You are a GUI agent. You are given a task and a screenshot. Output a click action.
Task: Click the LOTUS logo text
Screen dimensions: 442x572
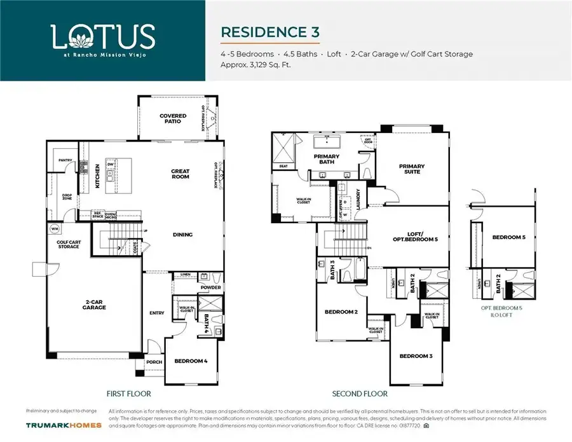pyautogui.click(x=102, y=36)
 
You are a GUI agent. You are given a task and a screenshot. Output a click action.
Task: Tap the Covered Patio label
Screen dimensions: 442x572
pyautogui.click(x=173, y=119)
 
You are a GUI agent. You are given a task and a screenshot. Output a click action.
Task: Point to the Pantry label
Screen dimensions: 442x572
pyautogui.click(x=64, y=160)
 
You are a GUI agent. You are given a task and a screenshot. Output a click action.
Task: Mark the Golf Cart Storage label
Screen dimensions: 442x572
pyautogui.click(x=69, y=244)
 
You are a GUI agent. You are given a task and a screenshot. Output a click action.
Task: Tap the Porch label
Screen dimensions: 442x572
pyautogui.click(x=154, y=362)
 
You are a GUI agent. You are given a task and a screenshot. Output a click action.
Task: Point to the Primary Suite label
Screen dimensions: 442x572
pyautogui.click(x=411, y=169)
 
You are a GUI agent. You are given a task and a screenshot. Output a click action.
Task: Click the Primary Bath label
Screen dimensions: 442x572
pyautogui.click(x=326, y=159)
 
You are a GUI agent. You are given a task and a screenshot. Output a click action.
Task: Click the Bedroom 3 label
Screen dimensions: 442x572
pyautogui.click(x=416, y=356)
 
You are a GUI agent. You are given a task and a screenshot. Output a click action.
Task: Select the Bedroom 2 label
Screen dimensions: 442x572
pyautogui.click(x=341, y=312)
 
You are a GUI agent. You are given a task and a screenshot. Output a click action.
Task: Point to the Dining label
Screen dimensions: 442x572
pyautogui.click(x=182, y=235)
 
